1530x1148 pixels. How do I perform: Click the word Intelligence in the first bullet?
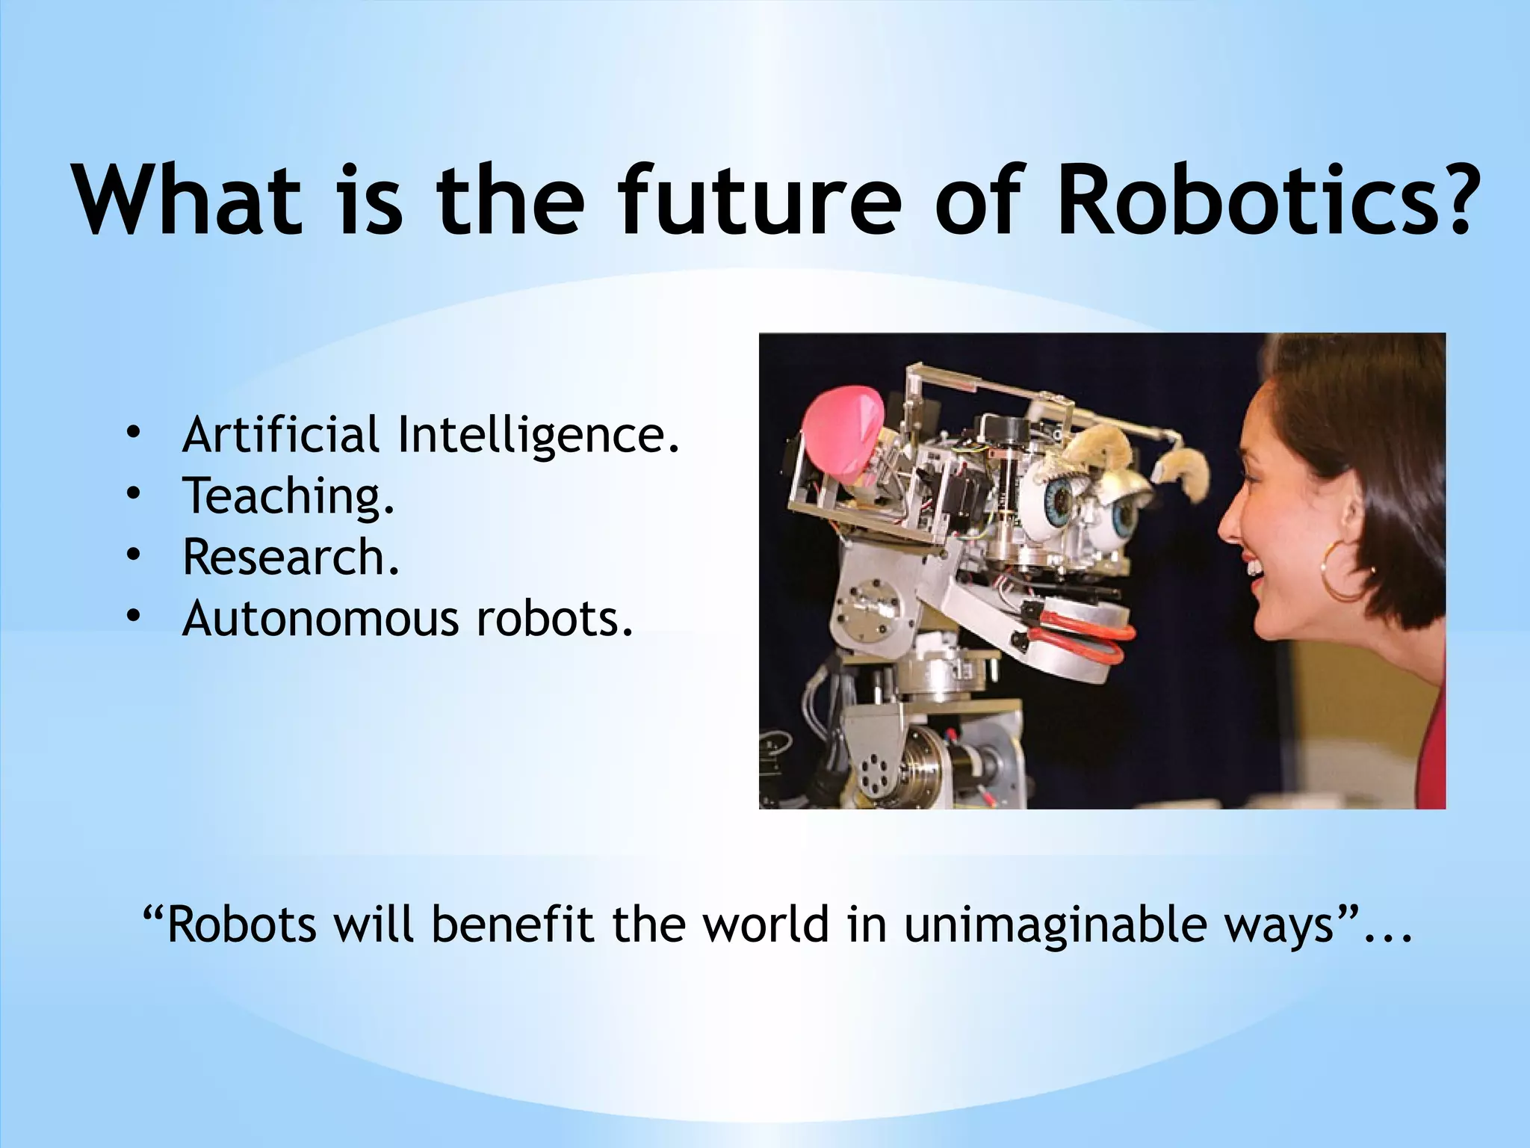coord(538,436)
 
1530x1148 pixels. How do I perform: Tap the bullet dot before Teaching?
coord(133,494)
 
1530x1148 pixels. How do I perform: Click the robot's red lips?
coord(1076,635)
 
